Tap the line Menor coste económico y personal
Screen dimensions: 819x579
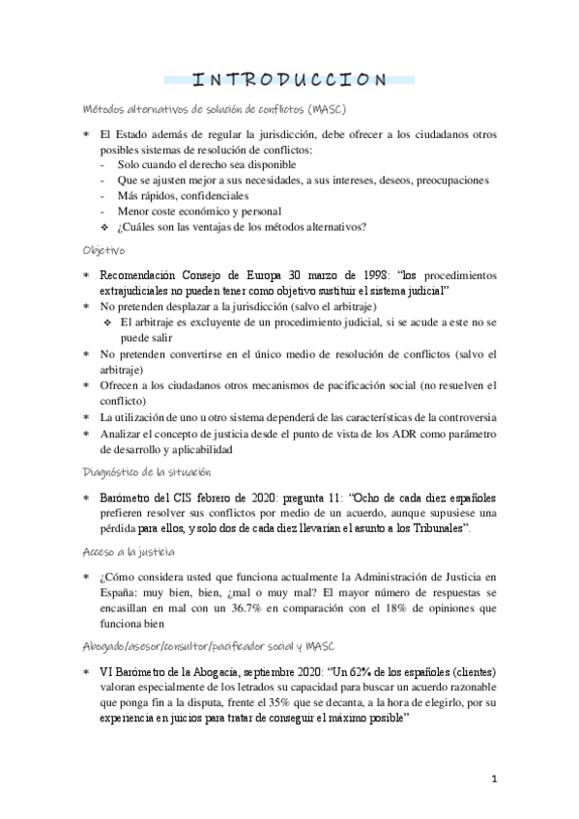tap(199, 211)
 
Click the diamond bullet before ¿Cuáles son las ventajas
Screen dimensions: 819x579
tap(106, 227)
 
